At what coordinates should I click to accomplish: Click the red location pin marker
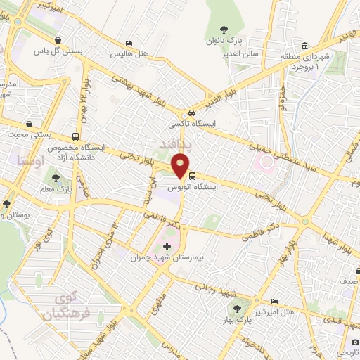tap(180, 166)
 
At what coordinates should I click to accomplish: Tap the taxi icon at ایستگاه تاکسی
tap(192, 114)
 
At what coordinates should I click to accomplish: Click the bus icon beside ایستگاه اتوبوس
tap(193, 176)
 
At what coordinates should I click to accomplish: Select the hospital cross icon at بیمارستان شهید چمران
tap(167, 246)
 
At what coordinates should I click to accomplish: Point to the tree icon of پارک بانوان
tap(224, 29)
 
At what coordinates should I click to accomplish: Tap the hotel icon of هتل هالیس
tap(127, 42)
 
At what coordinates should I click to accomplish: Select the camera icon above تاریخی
tap(356, 341)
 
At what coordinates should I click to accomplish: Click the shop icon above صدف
tap(355, 269)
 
